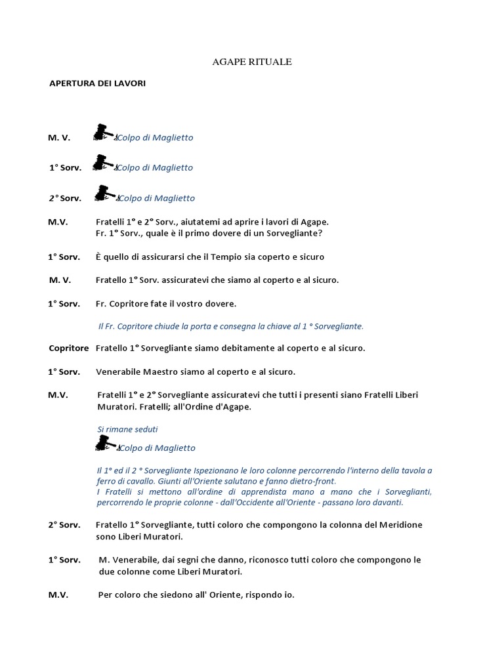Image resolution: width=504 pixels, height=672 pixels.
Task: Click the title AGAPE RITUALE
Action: click(x=252, y=62)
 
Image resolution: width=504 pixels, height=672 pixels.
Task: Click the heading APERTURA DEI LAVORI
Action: click(x=97, y=84)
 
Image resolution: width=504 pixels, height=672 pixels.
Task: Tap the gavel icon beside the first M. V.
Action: click(x=103, y=133)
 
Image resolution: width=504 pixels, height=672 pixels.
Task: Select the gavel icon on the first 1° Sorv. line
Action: click(x=103, y=163)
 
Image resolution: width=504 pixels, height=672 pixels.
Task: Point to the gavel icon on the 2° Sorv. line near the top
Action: click(x=104, y=193)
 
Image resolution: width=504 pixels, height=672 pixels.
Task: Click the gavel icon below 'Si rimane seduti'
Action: click(x=105, y=444)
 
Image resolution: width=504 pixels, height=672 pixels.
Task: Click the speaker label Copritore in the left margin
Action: click(x=68, y=348)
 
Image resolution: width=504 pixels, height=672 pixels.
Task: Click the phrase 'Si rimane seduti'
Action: click(x=127, y=429)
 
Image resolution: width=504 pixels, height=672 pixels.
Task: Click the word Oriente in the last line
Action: click(x=232, y=595)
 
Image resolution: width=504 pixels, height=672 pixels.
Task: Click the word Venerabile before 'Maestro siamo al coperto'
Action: click(x=125, y=372)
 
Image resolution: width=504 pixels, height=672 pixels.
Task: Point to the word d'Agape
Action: click(x=232, y=407)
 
